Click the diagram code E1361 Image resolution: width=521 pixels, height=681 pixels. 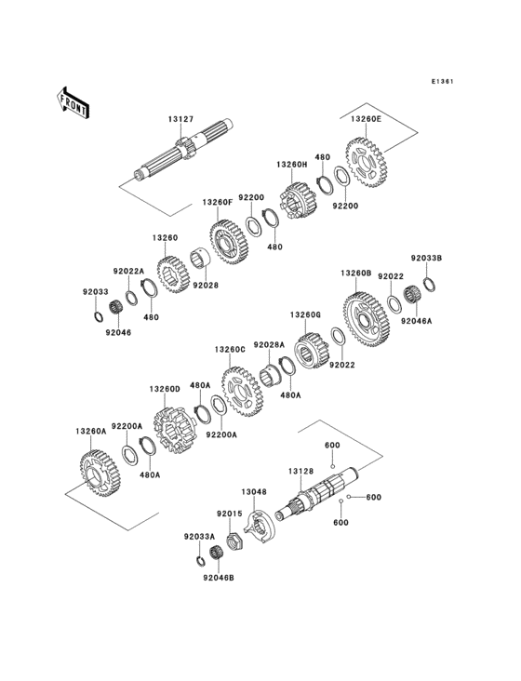(442, 81)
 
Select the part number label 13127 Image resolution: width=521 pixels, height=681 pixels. (180, 119)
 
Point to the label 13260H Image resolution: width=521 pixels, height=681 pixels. (291, 165)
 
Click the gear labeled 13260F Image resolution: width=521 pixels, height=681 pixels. (228, 242)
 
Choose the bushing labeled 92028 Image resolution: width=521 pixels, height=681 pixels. (200, 260)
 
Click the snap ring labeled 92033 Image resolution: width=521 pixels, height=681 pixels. (98, 316)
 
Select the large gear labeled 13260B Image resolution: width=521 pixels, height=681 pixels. (367, 319)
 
